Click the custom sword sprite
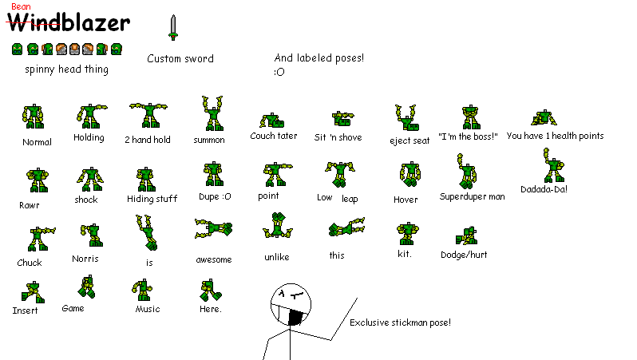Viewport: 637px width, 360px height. point(172,27)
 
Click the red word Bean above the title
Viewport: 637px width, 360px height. point(21,6)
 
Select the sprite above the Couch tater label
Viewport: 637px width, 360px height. point(273,121)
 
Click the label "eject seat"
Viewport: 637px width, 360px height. point(409,140)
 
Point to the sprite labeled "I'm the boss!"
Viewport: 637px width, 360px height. point(469,117)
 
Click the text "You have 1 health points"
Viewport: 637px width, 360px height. point(555,136)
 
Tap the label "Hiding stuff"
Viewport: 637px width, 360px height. point(152,199)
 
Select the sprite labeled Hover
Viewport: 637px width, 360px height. point(407,176)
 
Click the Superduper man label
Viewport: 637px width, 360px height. point(472,196)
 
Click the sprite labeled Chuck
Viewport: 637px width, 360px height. point(35,239)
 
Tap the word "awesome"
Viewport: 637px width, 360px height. point(214,259)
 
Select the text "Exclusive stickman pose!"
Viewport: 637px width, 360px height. point(400,322)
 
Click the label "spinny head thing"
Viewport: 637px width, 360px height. point(66,69)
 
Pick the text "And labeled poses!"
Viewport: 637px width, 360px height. point(318,57)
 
